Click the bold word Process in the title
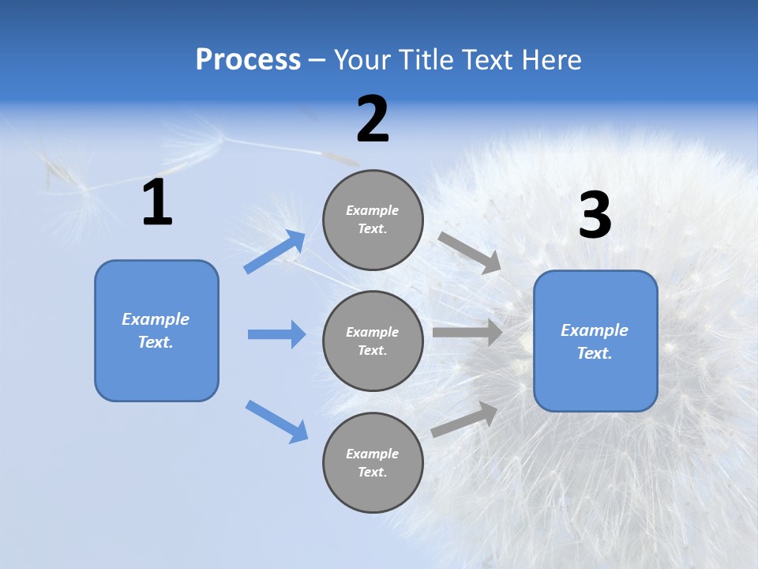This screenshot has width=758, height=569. point(248,59)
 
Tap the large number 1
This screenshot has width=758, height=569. point(157,203)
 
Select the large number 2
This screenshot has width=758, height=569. point(373,119)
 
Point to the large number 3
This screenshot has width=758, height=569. point(595,216)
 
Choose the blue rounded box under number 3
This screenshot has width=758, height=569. point(595,379)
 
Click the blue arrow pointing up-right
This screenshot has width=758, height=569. point(276,251)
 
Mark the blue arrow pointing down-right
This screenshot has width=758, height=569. point(276,420)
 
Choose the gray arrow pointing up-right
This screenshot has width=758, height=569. point(464,419)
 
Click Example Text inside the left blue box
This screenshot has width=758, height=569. point(156,330)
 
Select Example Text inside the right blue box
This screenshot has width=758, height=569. point(595,341)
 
